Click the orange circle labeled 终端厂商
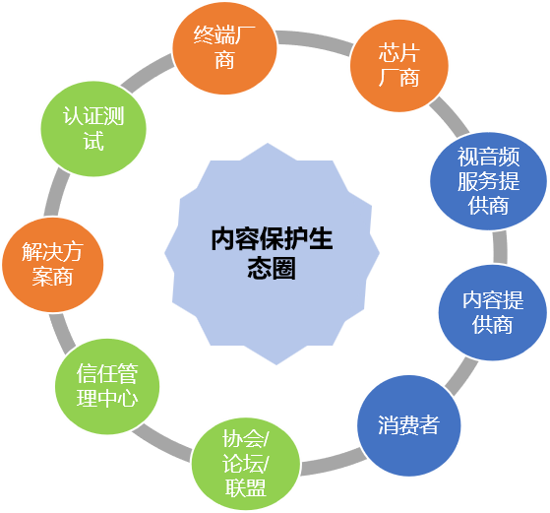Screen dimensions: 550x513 pos(224,47)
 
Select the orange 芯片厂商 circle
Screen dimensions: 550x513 pos(399,66)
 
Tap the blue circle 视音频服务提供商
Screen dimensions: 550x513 pos(488,181)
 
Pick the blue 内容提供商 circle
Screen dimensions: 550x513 pos(493,312)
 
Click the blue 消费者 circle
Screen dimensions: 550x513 pos(409,425)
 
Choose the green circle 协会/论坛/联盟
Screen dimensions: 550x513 pos(246,464)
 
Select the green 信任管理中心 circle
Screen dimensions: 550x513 pos(107,386)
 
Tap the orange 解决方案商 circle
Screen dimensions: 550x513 pos(52,265)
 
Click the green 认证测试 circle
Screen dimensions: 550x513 pos(93,129)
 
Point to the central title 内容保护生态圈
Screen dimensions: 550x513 pos(272,253)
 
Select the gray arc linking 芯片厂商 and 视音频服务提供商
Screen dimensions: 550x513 pos(450,116)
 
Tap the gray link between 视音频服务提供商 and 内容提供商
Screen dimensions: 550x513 pos(500,247)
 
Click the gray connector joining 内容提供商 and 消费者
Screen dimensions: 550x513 pos(461,376)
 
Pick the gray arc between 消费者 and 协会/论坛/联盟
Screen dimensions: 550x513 pos(333,462)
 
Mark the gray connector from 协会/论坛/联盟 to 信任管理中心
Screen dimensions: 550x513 pos(162,442)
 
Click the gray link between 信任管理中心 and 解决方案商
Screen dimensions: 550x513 pos(62,333)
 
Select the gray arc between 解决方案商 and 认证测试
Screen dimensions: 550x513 pos(56,192)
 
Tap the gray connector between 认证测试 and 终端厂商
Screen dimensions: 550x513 pos(148,73)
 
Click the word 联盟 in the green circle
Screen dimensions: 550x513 pos(246,488)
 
